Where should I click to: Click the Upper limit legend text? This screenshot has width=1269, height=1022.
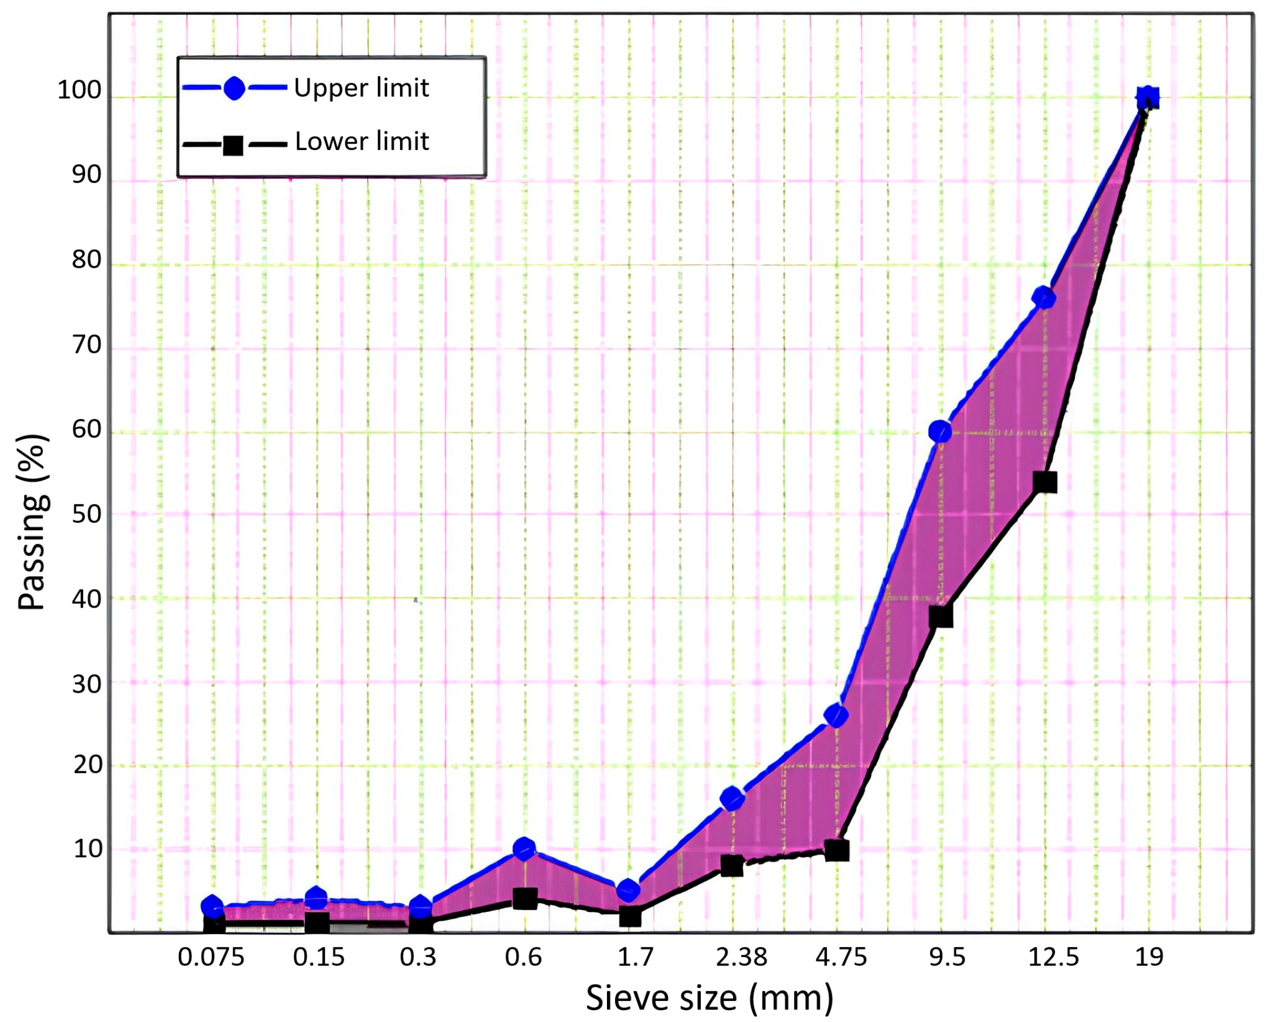(x=361, y=88)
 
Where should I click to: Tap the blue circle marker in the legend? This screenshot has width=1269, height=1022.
(x=234, y=89)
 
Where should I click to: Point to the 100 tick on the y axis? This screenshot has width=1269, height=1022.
(x=80, y=91)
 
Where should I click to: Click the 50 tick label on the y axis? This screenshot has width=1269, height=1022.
(x=87, y=515)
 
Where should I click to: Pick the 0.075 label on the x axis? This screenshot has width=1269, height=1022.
(x=211, y=957)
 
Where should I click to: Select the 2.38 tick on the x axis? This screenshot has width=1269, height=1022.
(x=742, y=957)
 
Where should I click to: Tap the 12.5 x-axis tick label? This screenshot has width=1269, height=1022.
(x=1053, y=957)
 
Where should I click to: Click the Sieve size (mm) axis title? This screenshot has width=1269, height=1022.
(x=710, y=998)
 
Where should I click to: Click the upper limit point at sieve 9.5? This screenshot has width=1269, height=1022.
(x=940, y=431)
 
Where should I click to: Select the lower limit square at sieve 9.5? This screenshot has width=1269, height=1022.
(x=941, y=616)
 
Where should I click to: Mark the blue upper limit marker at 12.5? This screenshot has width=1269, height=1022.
(x=1044, y=298)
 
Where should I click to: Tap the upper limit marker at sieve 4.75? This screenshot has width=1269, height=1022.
(x=837, y=716)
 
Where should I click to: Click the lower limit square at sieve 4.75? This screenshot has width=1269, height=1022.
(x=837, y=850)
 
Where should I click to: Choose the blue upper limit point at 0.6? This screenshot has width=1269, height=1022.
(x=524, y=849)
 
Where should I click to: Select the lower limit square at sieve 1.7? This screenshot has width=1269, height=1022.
(x=630, y=917)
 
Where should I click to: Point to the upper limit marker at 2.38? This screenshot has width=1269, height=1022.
(x=732, y=799)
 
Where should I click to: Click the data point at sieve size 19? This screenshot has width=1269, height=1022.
(x=1148, y=98)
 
